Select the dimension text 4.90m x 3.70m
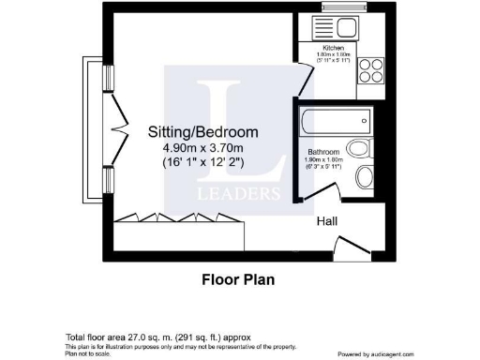(x=203, y=147)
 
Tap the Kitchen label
(x=333, y=48)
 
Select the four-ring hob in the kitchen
(x=368, y=73)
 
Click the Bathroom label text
(x=323, y=151)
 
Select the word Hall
(x=326, y=221)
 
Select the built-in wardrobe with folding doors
(x=178, y=219)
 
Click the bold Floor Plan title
(x=239, y=278)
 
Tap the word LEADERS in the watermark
(x=238, y=194)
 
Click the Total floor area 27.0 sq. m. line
(x=157, y=336)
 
